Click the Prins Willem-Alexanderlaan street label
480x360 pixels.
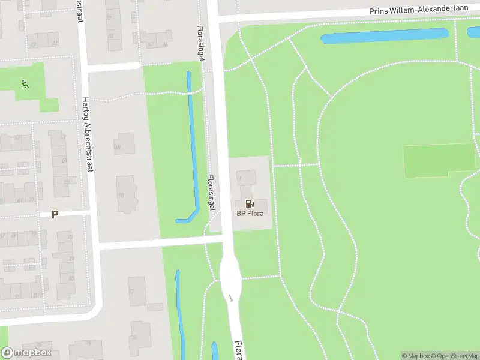(419, 10)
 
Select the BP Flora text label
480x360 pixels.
(250, 213)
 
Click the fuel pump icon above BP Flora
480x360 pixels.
(250, 204)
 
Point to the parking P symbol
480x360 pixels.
(55, 214)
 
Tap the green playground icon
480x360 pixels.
(24, 84)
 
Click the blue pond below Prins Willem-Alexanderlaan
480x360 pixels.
(384, 36)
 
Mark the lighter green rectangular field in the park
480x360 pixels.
(439, 160)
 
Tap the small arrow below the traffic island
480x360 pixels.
(230, 298)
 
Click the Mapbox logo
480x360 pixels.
(26, 353)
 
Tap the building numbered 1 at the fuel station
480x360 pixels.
(246, 178)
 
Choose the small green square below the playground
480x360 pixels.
(49, 105)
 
